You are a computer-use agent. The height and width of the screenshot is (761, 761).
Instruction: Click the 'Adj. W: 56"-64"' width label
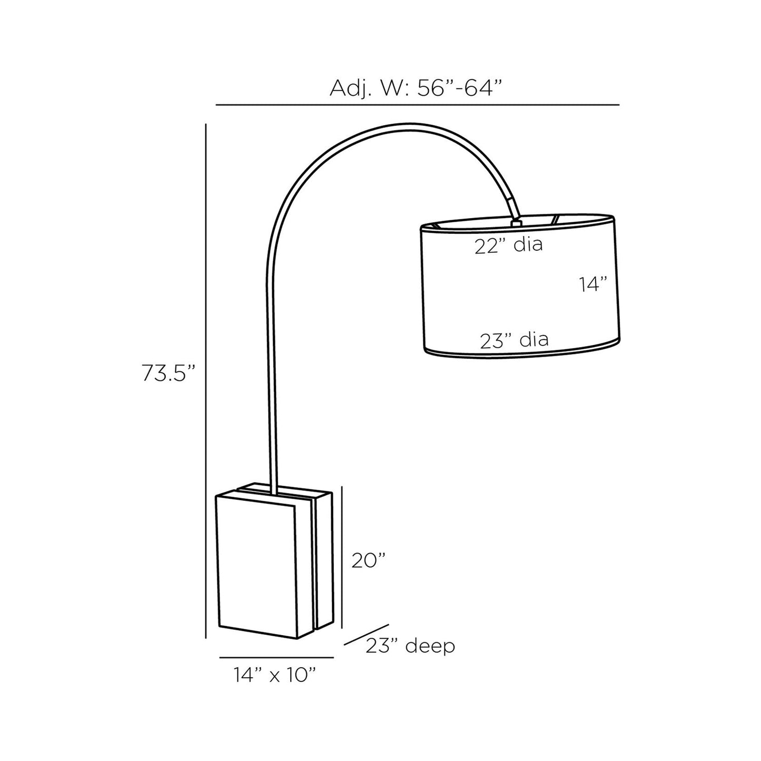413,88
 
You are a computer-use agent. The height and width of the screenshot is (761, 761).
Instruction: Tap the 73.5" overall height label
168,373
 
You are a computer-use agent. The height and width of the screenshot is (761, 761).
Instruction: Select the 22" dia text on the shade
508,245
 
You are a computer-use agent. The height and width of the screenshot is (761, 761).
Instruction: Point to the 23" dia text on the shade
514,340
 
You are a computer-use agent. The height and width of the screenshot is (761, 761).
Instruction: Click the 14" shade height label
594,285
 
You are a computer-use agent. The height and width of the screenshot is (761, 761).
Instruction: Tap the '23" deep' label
410,645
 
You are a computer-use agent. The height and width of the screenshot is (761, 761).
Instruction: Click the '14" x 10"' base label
275,675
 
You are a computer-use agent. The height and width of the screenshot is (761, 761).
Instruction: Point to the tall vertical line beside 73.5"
206,379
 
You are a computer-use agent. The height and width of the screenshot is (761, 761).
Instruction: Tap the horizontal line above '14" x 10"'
276,657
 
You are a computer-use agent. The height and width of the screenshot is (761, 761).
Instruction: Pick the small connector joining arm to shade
516,222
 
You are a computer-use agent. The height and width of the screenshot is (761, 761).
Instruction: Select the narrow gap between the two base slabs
314,564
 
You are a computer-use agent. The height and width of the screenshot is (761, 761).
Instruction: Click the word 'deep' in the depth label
430,646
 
